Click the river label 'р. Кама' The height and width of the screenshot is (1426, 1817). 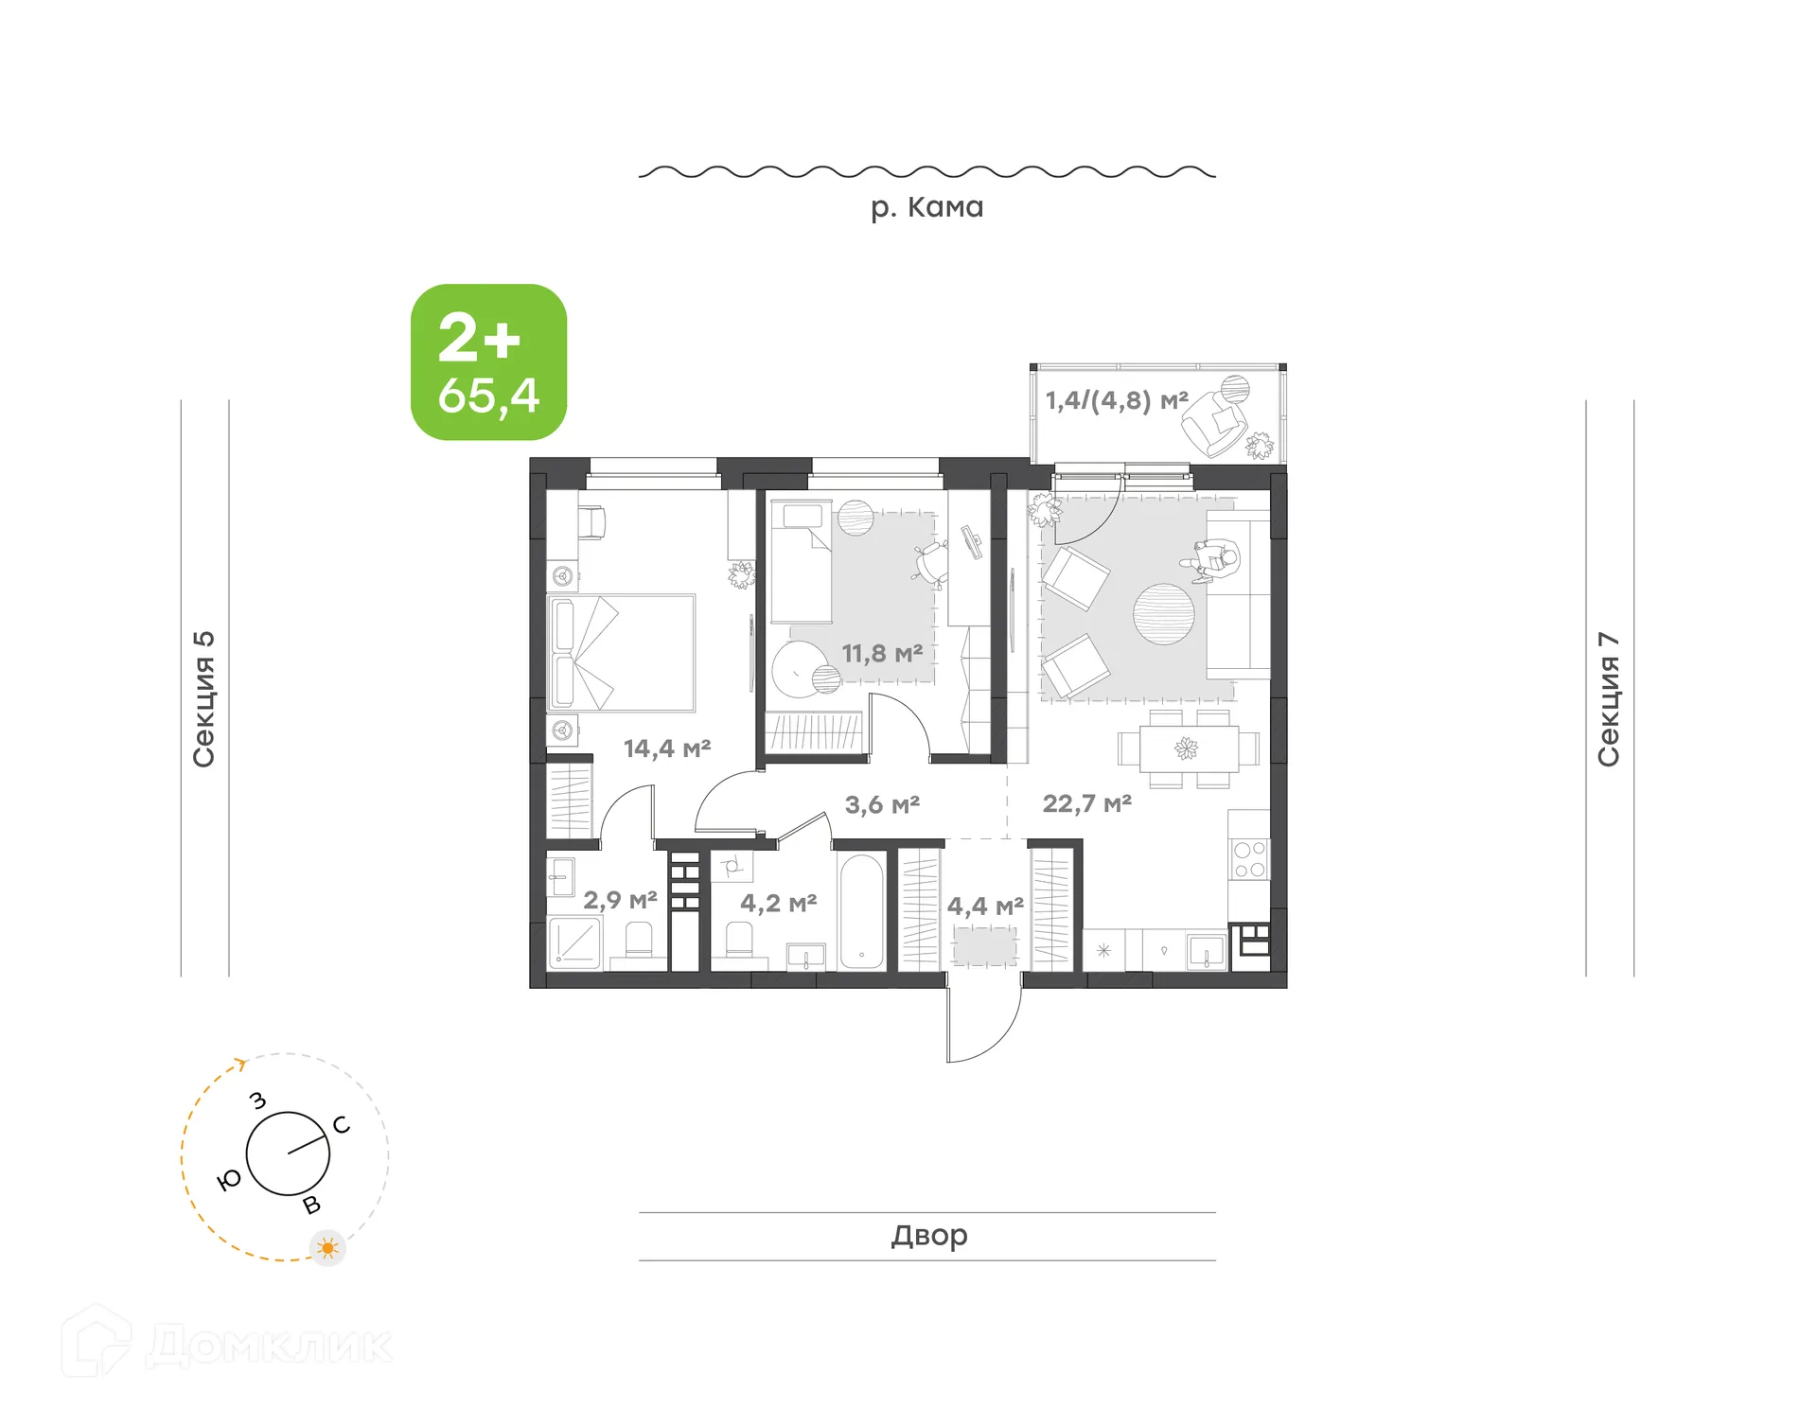pyautogui.click(x=926, y=207)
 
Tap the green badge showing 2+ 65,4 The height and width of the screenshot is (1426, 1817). pyautogui.click(x=488, y=362)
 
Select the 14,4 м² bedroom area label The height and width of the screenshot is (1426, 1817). pyautogui.click(x=666, y=748)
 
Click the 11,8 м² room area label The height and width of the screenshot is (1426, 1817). pyautogui.click(x=881, y=654)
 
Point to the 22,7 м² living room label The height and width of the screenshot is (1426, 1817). pyautogui.click(x=1086, y=804)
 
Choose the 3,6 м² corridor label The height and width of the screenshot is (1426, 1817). pyautogui.click(x=881, y=805)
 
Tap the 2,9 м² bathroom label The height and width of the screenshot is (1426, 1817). pyautogui.click(x=619, y=900)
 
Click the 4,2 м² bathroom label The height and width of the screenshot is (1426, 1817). pyautogui.click(x=777, y=904)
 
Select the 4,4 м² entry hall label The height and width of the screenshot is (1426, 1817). pyautogui.click(x=984, y=907)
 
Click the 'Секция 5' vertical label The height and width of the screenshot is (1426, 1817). pyautogui.click(x=204, y=698)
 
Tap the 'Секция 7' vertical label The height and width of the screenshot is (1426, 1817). pyautogui.click(x=1609, y=698)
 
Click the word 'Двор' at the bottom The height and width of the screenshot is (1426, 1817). pyautogui.click(x=928, y=1236)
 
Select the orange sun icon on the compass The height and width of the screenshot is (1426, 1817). pyautogui.click(x=327, y=1248)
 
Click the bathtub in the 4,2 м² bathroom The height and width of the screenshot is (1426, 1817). pyautogui.click(x=861, y=911)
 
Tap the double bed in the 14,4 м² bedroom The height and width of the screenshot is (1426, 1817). pyautogui.click(x=622, y=653)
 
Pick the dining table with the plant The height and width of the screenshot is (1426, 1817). pyautogui.click(x=1188, y=749)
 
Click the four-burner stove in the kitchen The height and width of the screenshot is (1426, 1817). pyautogui.click(x=1248, y=859)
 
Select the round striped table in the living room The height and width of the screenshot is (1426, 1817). pyautogui.click(x=1163, y=614)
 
